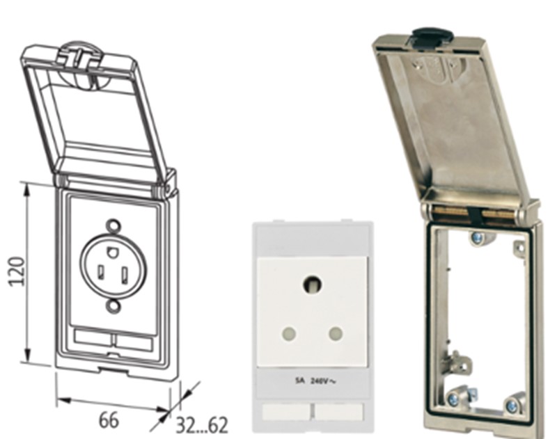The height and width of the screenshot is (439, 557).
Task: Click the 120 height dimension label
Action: [17, 271]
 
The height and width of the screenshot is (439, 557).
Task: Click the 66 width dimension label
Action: [109, 420]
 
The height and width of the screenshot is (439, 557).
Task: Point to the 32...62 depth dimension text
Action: [202, 426]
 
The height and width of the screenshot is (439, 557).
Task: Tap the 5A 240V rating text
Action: [315, 381]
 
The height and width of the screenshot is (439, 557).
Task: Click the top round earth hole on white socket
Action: [313, 285]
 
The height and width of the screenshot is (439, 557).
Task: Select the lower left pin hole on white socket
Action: [289, 333]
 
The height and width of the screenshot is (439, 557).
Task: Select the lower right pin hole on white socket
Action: [336, 333]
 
